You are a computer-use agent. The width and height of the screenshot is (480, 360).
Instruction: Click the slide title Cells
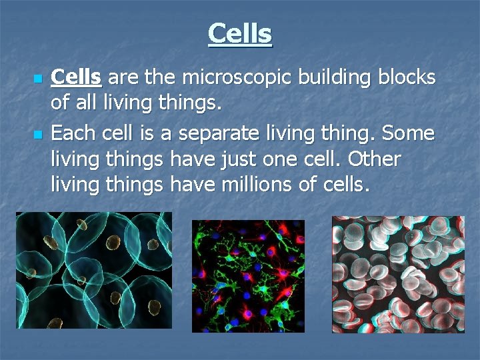240,33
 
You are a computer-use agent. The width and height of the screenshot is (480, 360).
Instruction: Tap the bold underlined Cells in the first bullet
76,78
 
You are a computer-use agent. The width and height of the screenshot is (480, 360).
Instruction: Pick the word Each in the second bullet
72,134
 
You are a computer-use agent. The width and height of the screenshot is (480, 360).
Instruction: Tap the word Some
409,134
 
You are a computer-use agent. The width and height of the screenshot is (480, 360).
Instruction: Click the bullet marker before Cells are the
37,79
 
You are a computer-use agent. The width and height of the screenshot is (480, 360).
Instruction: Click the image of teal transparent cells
94,270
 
